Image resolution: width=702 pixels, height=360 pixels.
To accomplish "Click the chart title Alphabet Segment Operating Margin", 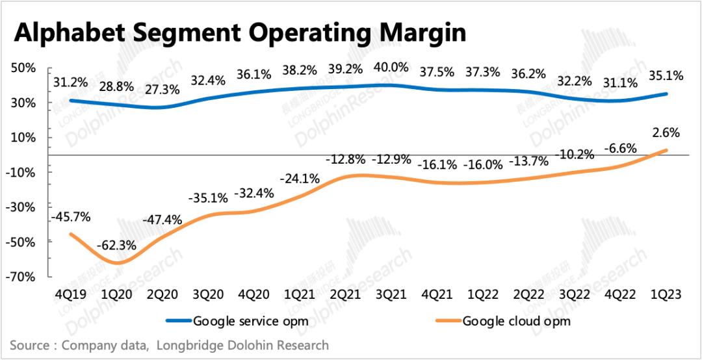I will pyautogui.click(x=240, y=32).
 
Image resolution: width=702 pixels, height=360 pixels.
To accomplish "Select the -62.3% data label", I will pyautogui.click(x=116, y=246).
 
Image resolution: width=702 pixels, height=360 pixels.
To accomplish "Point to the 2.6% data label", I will pyautogui.click(x=666, y=133).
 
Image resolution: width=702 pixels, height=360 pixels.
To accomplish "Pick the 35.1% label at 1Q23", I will pyautogui.click(x=666, y=76).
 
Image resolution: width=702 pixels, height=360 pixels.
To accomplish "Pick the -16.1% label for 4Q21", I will pyautogui.click(x=435, y=164).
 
